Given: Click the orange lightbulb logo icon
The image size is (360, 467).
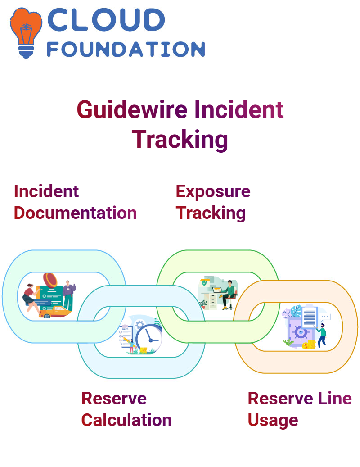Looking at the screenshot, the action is pos(26,33).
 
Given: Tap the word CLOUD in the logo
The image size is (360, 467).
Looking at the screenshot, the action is pos(106,20).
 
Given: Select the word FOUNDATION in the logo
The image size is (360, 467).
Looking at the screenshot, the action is pos(126,49).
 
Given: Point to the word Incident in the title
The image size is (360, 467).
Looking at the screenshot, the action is pos(239,109).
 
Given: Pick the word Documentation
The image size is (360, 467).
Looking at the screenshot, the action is pos(75,213).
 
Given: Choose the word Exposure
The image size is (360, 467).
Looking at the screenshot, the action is pos(213,191).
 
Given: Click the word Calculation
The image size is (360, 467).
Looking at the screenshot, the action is pos(126,420).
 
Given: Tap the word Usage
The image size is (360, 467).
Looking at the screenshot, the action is pos(273,421).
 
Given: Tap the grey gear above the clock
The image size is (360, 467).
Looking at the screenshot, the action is pos(139,324).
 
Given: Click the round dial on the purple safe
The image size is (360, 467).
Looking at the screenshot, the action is pos(301,332).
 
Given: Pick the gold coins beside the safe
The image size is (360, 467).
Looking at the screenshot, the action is pos(309,345).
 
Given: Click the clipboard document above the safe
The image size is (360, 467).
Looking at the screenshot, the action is pos(310,317).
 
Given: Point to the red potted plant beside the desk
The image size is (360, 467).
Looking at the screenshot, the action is pos(203,304).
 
